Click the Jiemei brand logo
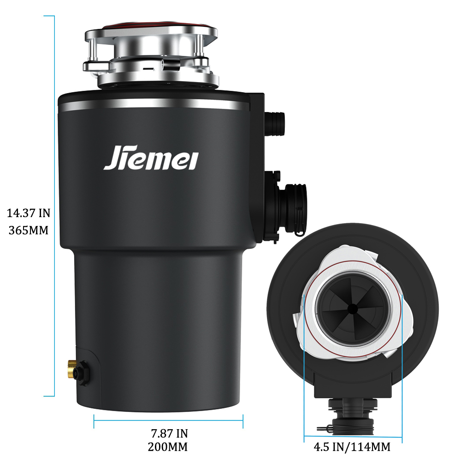click(x=151, y=158)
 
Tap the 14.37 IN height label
click(x=29, y=213)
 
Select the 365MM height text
click(x=29, y=230)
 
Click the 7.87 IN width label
click(x=169, y=433)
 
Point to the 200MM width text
click(x=168, y=447)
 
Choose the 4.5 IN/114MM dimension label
click(x=352, y=447)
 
